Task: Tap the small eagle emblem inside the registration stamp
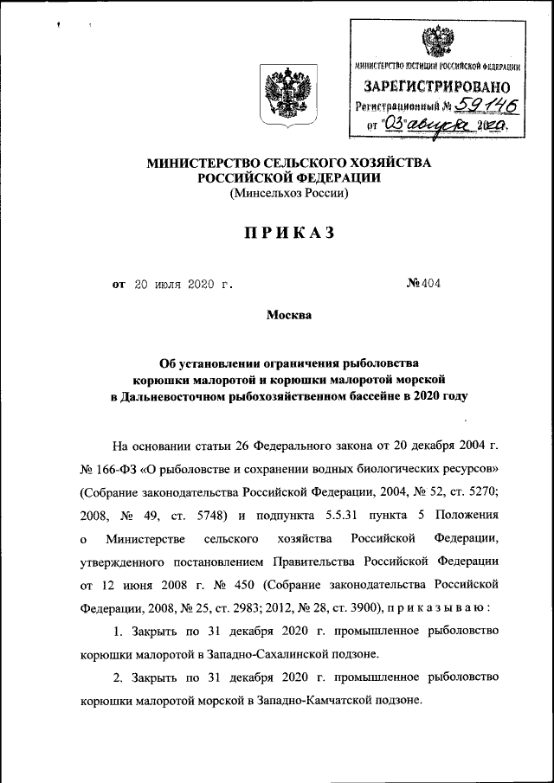coord(435,41)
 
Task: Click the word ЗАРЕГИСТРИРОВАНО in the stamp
coord(435,87)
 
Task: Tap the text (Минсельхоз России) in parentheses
coord(288,194)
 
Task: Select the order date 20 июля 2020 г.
coord(184,283)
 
